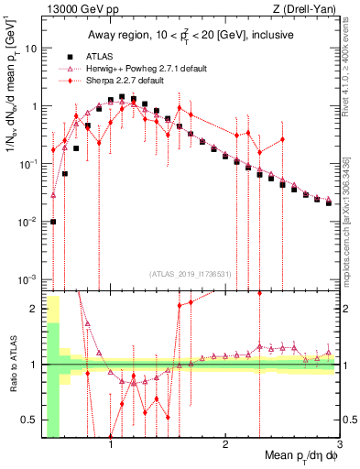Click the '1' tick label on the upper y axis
click(x=35, y=105)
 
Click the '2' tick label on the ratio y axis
click(x=35, y=309)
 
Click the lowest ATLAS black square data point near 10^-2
click(x=53, y=221)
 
